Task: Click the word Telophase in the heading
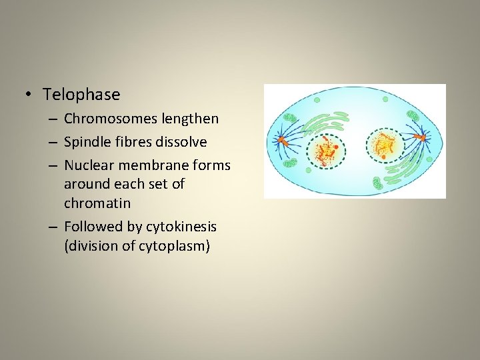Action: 81,95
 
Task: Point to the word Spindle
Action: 87,142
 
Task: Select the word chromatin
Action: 97,202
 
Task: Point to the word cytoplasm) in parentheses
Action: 175,246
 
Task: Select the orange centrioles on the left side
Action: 283,141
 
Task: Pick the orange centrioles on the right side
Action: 422,138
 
